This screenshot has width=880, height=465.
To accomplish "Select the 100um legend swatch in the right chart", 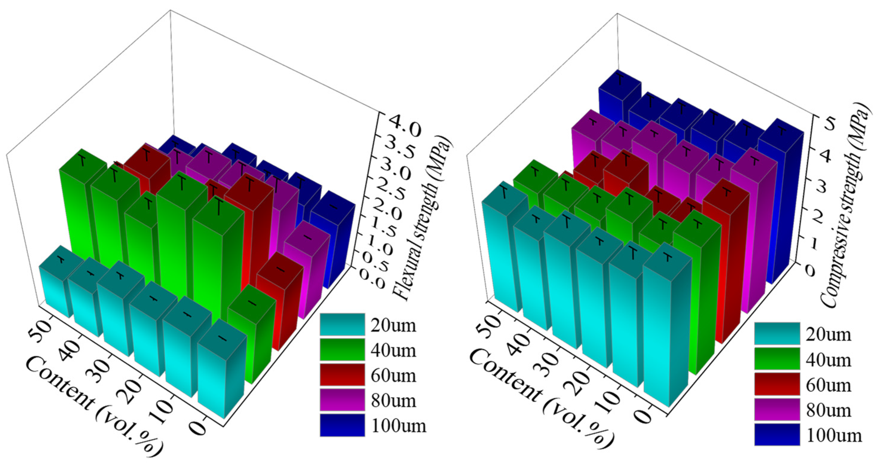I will point(777,434).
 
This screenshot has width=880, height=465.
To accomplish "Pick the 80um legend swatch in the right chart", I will point(777,409).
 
